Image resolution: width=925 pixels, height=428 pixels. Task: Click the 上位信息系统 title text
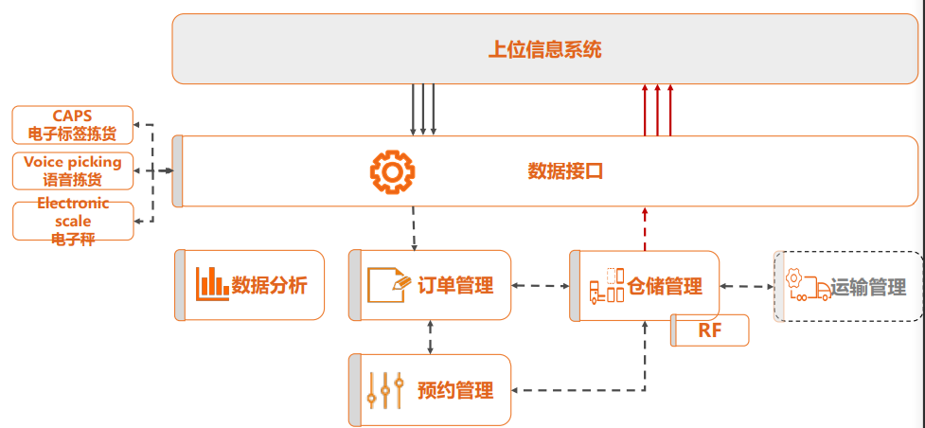click(544, 50)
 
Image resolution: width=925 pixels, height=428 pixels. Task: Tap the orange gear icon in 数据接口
click(391, 171)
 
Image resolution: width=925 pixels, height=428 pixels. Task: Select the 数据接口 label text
click(565, 171)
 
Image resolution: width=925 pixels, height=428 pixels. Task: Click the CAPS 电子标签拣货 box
click(73, 125)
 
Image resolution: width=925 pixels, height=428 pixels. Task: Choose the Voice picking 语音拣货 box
click(73, 171)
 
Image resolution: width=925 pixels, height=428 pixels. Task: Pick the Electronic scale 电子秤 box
click(73, 219)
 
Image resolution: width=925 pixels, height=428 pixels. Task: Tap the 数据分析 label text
click(270, 285)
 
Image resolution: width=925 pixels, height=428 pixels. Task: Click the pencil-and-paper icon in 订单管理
click(388, 283)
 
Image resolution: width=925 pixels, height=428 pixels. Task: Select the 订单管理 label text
click(455, 285)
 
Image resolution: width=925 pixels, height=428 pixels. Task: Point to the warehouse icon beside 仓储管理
click(607, 285)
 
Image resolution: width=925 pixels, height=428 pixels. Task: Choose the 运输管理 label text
click(869, 287)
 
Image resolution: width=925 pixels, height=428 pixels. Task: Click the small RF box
click(710, 330)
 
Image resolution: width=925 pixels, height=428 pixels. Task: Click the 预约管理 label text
click(455, 390)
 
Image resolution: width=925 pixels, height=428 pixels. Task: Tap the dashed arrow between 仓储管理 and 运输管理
click(746, 286)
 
